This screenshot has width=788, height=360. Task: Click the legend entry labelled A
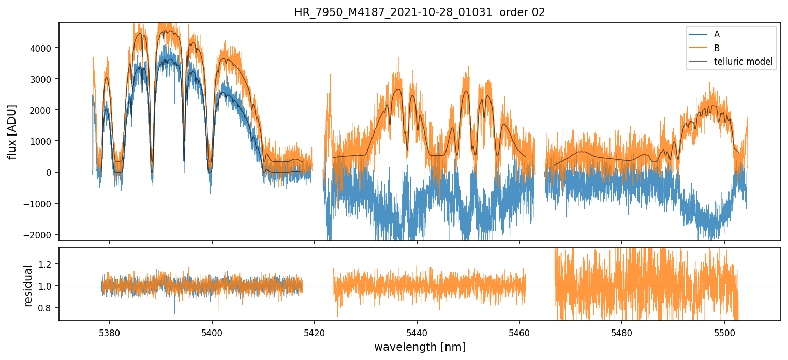coord(717,34)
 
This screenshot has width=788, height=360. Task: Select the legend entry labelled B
coord(717,48)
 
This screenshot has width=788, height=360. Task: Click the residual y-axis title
coord(29,286)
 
